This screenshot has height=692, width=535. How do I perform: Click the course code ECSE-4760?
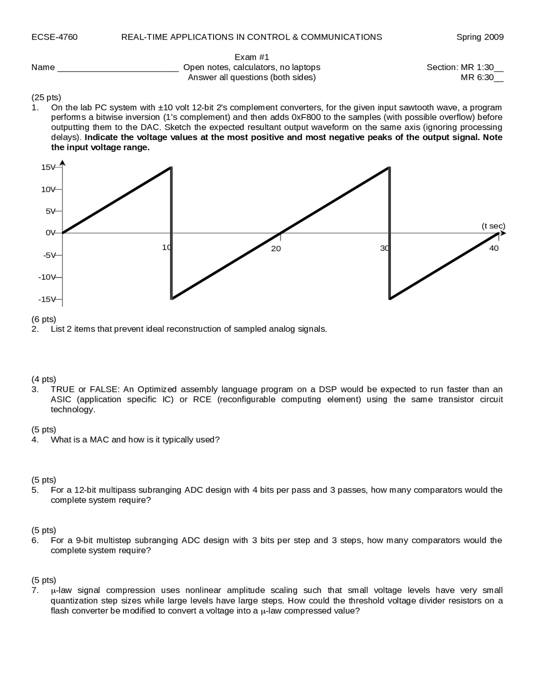(54, 37)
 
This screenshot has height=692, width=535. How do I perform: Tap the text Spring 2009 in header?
(480, 37)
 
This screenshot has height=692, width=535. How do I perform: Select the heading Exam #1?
(252, 57)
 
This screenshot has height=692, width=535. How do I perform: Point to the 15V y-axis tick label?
(48, 167)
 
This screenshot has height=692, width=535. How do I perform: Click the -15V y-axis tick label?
(46, 299)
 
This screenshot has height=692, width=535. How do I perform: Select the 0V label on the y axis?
(50, 233)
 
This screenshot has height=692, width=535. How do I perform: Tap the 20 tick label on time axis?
(276, 249)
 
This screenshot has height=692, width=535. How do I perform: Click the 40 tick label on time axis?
(494, 248)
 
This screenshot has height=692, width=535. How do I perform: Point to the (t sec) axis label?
(493, 226)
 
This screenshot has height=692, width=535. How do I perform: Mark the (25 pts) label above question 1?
(46, 97)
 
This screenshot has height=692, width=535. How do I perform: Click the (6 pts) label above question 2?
(43, 319)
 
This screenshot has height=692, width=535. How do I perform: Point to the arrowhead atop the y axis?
(62, 163)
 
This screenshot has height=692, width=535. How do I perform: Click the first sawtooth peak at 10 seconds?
(171, 168)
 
